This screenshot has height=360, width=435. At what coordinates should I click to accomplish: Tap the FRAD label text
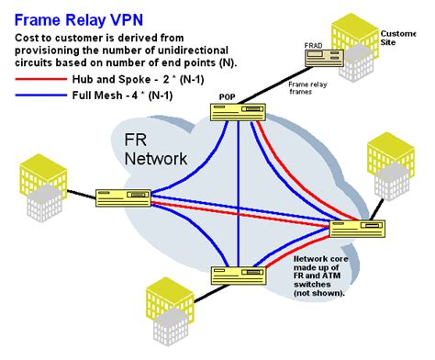316,43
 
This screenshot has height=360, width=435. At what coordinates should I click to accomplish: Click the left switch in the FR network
123,196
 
